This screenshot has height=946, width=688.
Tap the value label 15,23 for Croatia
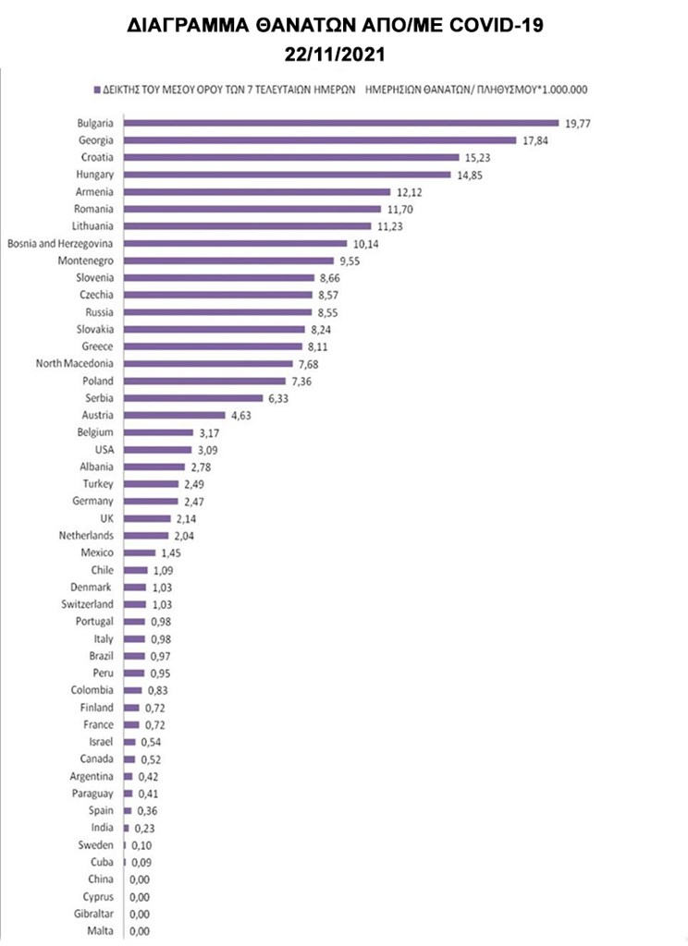click(477, 157)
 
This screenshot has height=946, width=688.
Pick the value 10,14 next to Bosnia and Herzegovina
click(366, 243)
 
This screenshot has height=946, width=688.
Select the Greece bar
click(213, 346)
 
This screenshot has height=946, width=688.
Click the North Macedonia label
click(74, 363)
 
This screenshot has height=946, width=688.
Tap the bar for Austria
click(174, 415)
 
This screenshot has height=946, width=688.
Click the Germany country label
click(94, 501)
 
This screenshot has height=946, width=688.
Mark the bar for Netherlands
click(146, 535)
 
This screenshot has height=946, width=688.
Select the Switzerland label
click(88, 604)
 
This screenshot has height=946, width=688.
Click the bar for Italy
click(134, 638)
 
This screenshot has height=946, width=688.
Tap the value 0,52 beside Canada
click(149, 758)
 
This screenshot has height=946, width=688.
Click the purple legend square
click(95, 91)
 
